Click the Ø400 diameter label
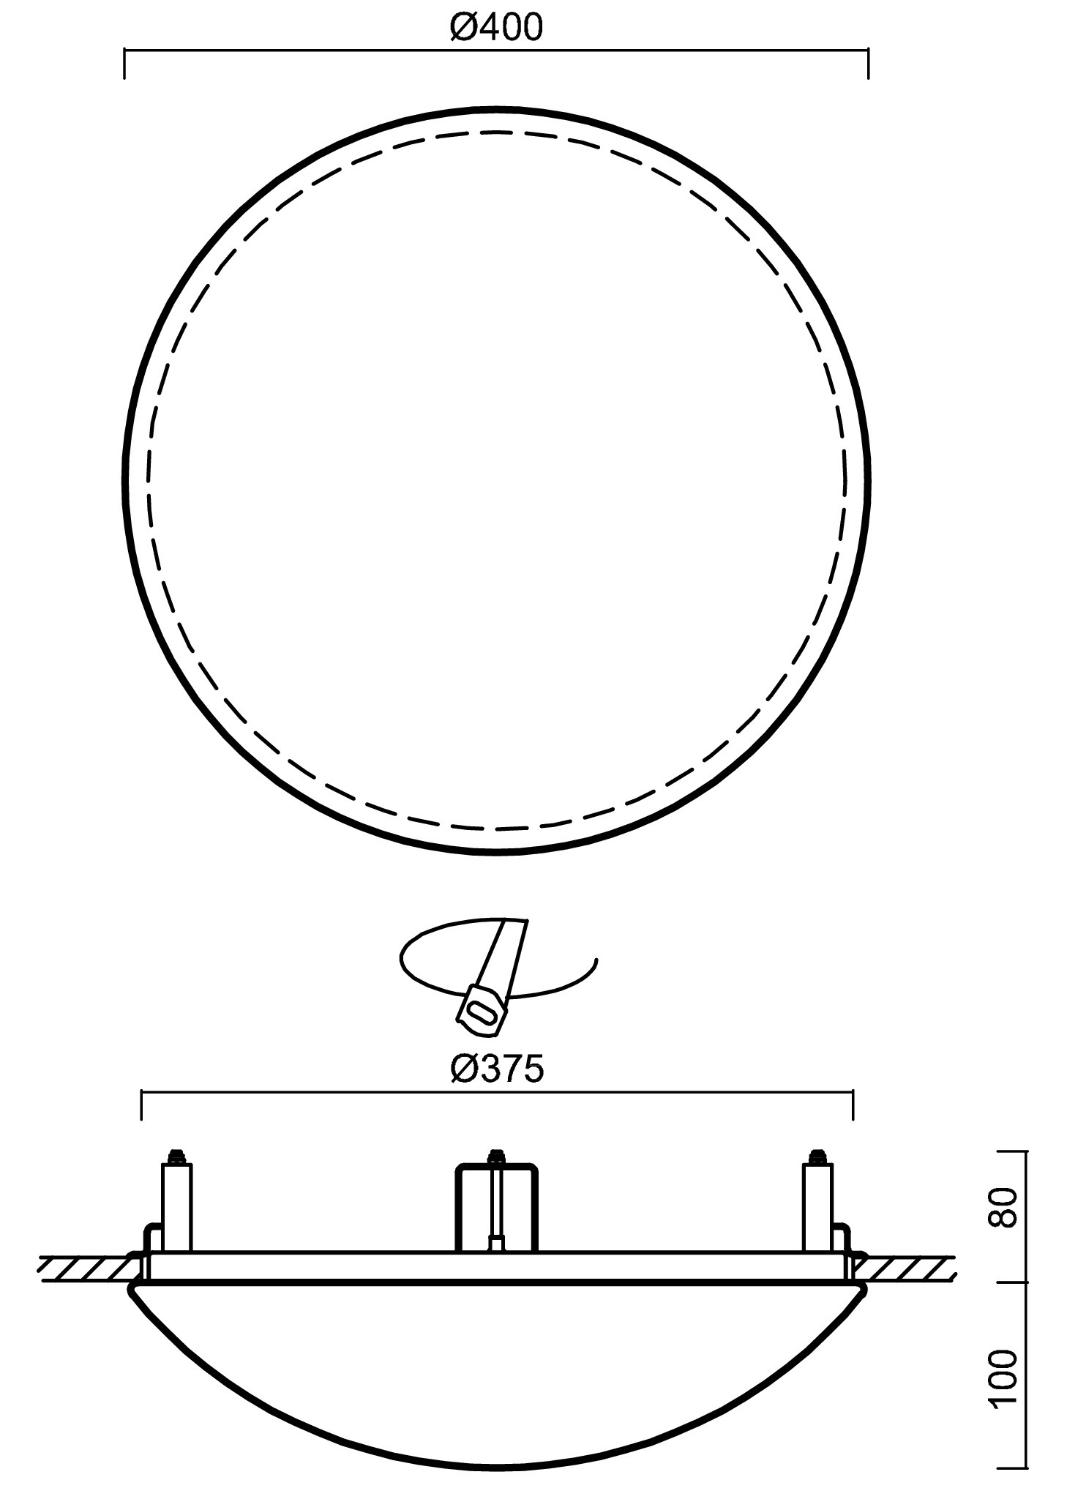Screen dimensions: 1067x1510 point(497,28)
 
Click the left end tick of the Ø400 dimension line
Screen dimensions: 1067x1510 point(125,64)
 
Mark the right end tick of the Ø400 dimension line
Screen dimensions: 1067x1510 point(868,64)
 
